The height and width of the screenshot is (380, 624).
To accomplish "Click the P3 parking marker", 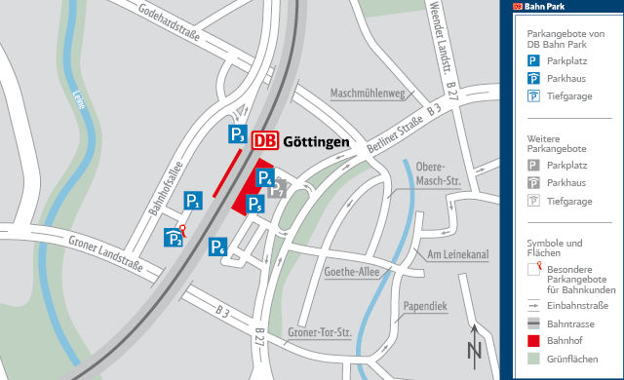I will point(237,134).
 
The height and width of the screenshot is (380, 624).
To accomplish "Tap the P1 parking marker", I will point(194,202).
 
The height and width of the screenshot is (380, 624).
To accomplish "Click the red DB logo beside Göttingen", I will point(264,141).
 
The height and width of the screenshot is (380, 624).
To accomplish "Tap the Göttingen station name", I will point(316,142).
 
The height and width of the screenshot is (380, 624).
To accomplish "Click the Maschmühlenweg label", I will point(368,95).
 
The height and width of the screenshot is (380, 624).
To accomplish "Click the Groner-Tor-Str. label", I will point(320,333).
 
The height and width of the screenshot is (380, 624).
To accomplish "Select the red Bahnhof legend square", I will point(533,340).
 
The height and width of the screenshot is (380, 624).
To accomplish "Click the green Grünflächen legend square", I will point(533,360).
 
